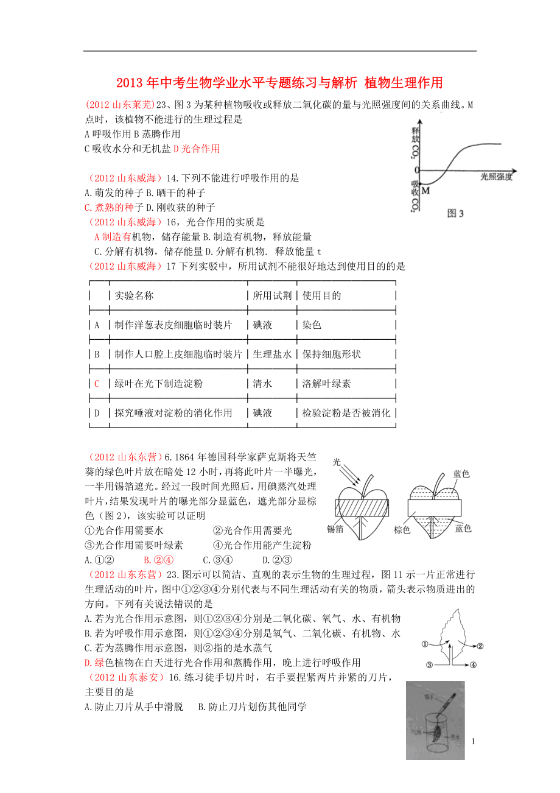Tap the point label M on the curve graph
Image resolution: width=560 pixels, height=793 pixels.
pos(425,191)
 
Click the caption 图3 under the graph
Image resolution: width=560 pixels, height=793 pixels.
pos(455,213)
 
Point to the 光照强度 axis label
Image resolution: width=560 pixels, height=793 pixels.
pos(496,177)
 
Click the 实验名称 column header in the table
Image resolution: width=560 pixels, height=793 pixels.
pos(134,295)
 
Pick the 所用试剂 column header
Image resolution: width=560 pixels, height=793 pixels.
pos(272,295)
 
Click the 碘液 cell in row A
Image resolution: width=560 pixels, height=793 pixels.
pos(262,325)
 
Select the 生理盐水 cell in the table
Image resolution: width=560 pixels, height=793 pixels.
pos(272,354)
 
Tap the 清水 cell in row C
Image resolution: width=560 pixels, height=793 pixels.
pos(262,384)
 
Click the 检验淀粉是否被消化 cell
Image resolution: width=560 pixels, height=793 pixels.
pos(346,413)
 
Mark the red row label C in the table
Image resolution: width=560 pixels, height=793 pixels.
pos(96,384)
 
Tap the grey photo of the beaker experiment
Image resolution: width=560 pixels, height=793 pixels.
pos(435,720)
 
